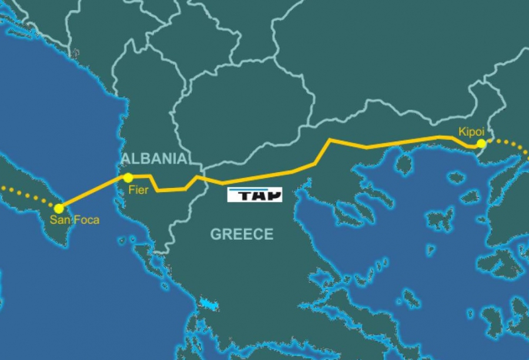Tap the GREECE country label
[x=242, y=234]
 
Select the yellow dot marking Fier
[x=128, y=177]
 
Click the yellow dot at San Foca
[x=59, y=208]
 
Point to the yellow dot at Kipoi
[x=481, y=143]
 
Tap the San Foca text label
[x=74, y=221]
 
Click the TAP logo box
[x=255, y=194]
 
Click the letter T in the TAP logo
[x=243, y=196]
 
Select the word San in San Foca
[x=59, y=221]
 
